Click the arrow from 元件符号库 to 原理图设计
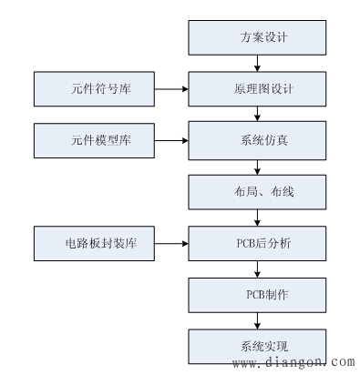tap(170, 90)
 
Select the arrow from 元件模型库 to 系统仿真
tap(170, 141)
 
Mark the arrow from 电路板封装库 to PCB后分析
tap(170, 244)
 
